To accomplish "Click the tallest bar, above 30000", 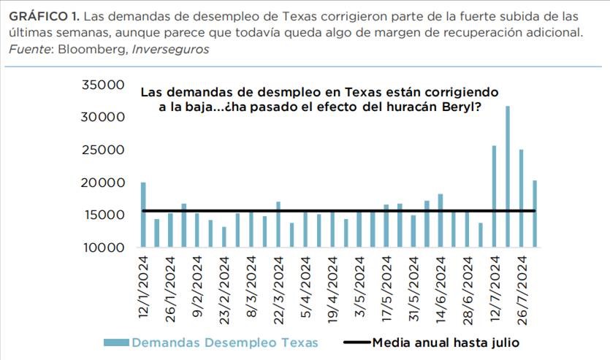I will click(508, 176).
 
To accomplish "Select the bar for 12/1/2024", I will click(143, 215).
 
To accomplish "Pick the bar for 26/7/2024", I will click(522, 198).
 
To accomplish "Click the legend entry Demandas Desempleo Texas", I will click(223, 342).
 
